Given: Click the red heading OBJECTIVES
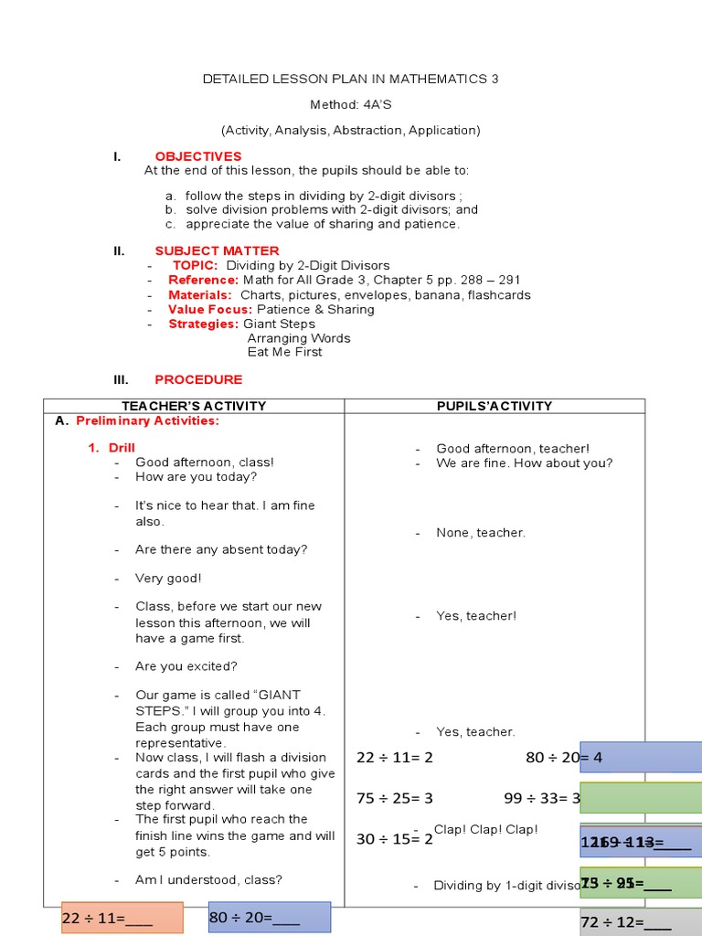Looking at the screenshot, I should tap(198, 156).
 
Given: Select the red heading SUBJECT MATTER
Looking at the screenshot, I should tap(217, 250).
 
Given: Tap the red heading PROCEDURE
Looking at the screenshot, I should tap(198, 379).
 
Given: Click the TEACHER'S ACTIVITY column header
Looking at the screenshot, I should tap(194, 406).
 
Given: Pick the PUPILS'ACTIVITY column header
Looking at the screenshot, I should tap(495, 406).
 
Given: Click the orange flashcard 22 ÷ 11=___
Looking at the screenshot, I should tap(122, 918).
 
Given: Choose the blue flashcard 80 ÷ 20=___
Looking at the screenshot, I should tap(269, 917).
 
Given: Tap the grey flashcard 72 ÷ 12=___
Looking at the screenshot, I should tap(641, 922).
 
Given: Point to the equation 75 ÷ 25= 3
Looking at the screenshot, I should tap(395, 798).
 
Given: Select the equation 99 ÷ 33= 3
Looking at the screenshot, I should tap(542, 798).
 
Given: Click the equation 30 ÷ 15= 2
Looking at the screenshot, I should tap(395, 838).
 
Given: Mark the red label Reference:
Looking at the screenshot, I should tap(203, 280).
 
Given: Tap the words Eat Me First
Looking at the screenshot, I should tap(284, 352).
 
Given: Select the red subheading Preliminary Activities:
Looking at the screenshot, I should tap(147, 421).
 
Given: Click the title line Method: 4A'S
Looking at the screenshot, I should tap(350, 104).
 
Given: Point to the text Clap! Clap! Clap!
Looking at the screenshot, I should tap(485, 829).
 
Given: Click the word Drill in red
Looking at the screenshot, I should tap(122, 448).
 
